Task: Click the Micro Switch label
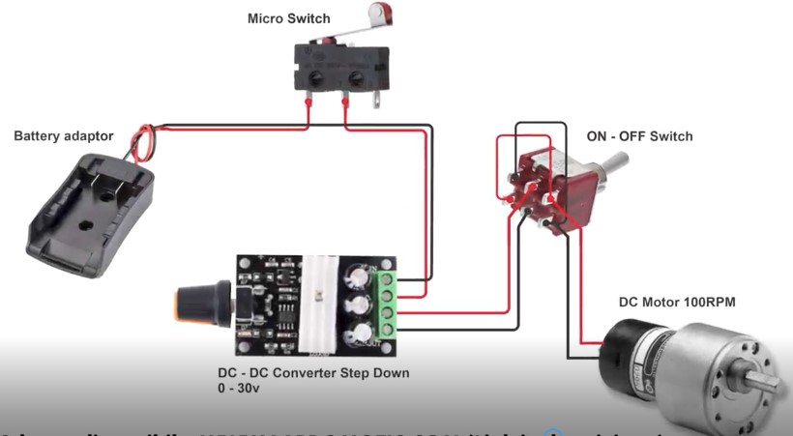pyautogui.click(x=288, y=18)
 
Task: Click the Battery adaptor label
pyautogui.click(x=64, y=136)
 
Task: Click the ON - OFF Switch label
pyautogui.click(x=639, y=136)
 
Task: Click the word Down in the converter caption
pyautogui.click(x=392, y=372)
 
